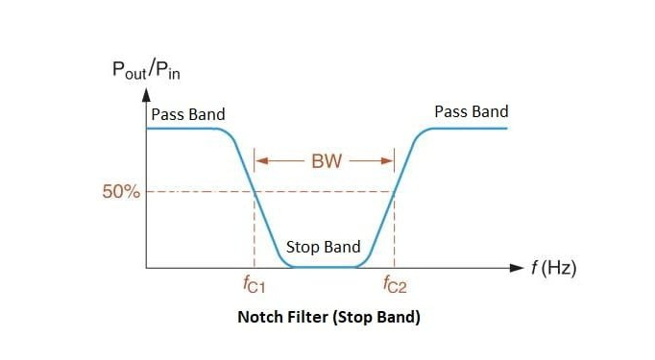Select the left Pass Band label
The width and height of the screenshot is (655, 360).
187,114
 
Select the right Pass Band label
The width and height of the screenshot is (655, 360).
471,111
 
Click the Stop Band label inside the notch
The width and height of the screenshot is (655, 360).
323,247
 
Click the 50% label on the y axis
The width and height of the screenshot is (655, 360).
121,191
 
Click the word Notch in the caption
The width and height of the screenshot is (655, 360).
259,317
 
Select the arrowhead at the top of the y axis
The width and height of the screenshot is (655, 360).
146,94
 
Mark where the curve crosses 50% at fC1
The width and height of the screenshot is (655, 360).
254,191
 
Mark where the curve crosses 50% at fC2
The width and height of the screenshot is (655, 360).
395,191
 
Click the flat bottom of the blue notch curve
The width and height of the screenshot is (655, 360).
324,266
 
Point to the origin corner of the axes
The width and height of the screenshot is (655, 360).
146,267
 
